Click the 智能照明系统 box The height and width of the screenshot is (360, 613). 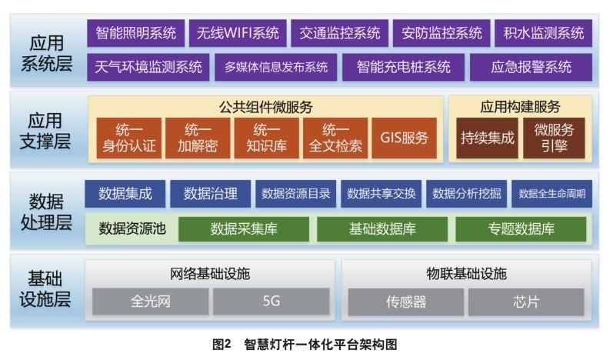[x=135, y=33]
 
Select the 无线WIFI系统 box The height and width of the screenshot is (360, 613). [x=237, y=33]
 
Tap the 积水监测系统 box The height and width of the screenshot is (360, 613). [x=544, y=33]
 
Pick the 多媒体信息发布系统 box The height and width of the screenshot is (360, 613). [x=275, y=67]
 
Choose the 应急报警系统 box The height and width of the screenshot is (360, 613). [x=531, y=67]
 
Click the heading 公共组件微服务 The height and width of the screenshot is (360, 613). [x=266, y=107]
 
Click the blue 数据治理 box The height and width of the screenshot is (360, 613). [x=210, y=194]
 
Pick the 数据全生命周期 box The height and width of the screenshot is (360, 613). [x=551, y=194]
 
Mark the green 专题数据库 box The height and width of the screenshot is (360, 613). [x=521, y=228]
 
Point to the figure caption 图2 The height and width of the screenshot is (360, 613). [x=222, y=345]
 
